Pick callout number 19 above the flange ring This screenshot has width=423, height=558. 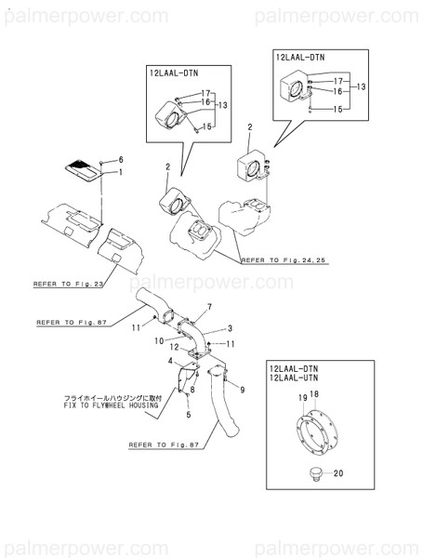point(301,397)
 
